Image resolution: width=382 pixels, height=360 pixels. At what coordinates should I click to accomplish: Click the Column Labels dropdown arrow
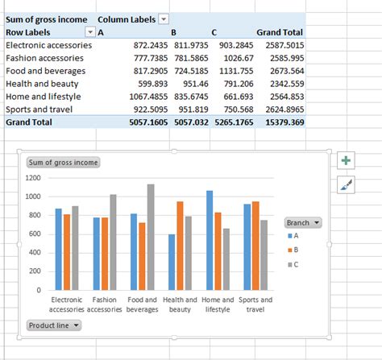point(164,19)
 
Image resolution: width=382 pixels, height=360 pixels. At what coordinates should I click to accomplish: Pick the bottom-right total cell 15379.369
point(282,122)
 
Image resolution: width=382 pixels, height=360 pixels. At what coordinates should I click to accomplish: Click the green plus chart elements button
point(347,160)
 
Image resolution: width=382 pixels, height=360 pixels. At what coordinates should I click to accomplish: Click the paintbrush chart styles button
point(347,185)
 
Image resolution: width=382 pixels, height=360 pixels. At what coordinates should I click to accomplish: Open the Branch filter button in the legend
point(303,222)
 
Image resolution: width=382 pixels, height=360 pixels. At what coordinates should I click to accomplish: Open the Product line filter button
point(54,325)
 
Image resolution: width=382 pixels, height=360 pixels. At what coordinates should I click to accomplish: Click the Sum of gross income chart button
point(64,162)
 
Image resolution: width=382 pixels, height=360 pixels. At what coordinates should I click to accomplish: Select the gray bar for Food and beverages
point(151,237)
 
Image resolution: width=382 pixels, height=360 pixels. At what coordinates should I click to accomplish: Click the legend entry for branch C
point(297,264)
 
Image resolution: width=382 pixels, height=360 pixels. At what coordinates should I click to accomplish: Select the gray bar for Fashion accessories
point(113,242)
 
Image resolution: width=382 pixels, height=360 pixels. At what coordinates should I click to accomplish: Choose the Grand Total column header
point(280,32)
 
